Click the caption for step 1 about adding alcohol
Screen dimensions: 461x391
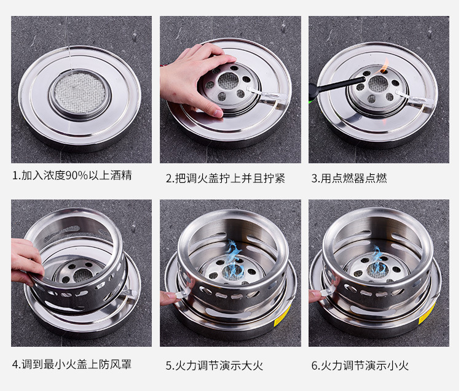point(72,176)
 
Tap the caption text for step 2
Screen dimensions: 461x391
point(226,178)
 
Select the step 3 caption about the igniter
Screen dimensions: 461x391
point(349,178)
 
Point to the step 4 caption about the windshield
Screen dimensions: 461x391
point(72,364)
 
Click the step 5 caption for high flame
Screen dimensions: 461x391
point(215,365)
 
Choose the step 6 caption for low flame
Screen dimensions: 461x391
point(360,365)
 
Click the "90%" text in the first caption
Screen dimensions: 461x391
point(77,176)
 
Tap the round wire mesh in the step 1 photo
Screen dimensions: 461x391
point(80,93)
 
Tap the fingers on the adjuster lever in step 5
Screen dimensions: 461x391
point(170,298)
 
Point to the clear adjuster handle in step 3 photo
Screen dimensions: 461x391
point(415,98)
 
